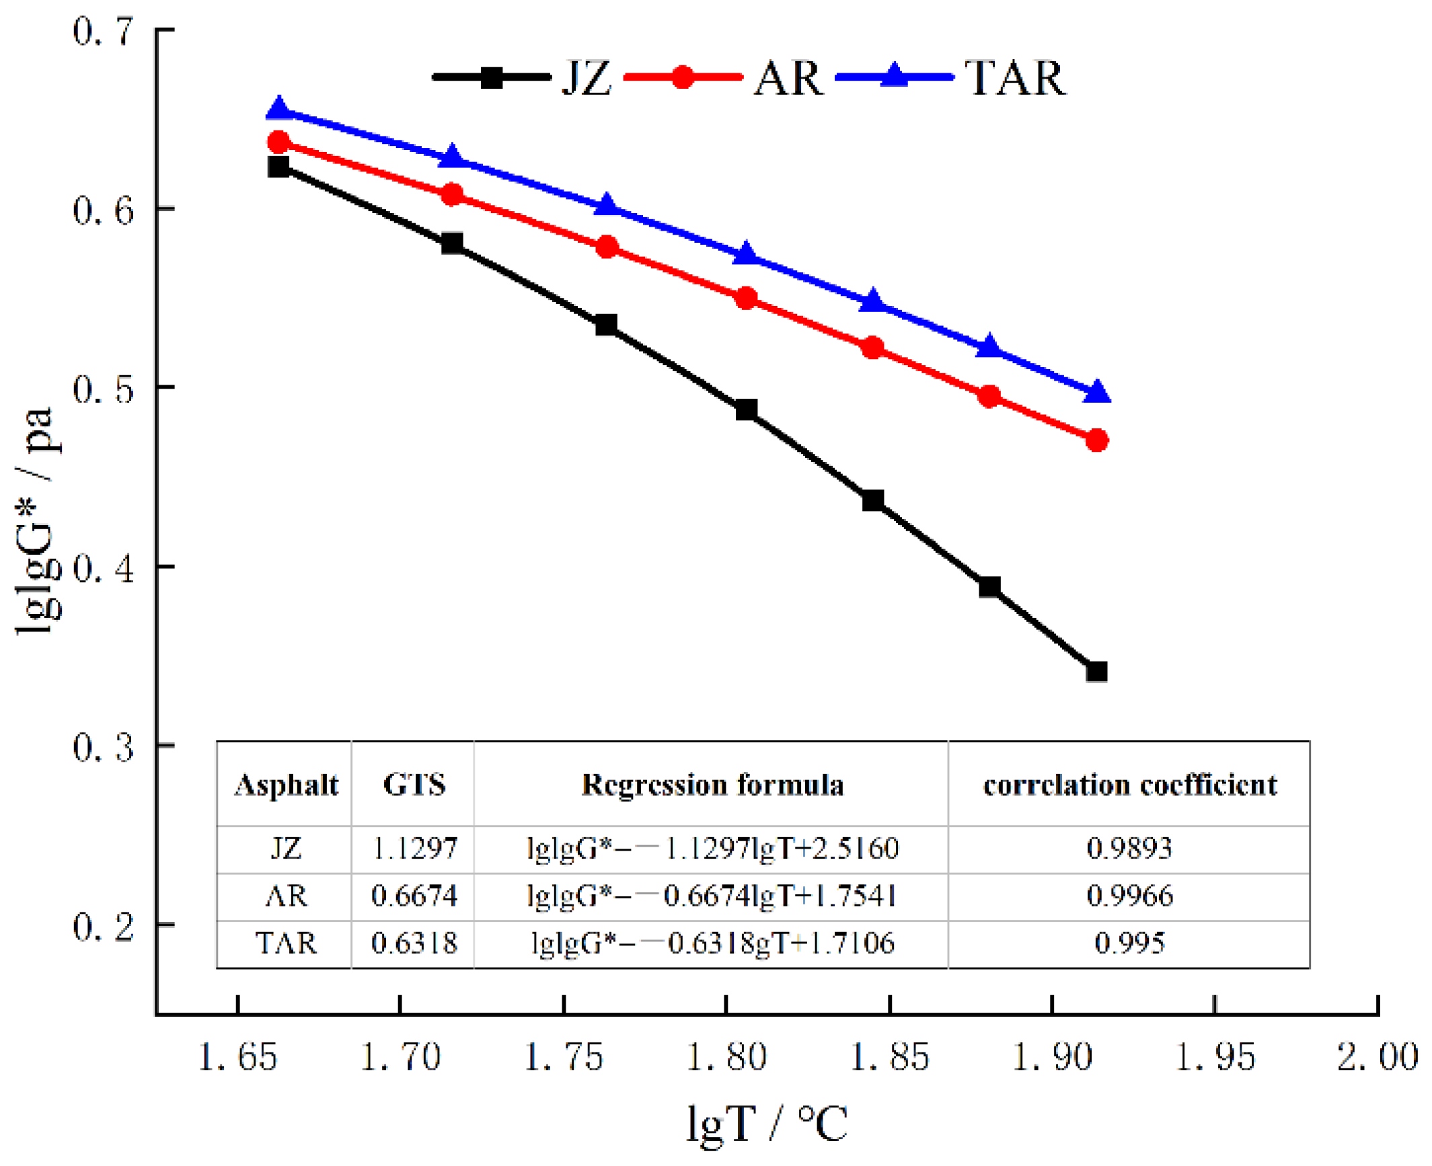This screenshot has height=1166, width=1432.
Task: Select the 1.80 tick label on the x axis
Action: click(x=726, y=1057)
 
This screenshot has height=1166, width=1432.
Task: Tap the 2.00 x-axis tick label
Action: click(x=1376, y=1057)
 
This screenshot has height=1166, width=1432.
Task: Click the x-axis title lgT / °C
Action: click(x=766, y=1124)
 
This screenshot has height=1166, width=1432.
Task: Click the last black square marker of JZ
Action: click(x=1096, y=671)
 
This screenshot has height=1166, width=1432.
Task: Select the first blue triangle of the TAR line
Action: click(x=278, y=108)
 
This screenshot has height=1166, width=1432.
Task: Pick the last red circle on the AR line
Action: click(x=1096, y=440)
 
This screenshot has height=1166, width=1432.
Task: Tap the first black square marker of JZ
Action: click(x=278, y=166)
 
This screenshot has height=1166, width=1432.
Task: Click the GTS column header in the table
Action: click(x=414, y=785)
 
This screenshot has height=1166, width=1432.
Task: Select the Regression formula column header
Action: click(x=712, y=785)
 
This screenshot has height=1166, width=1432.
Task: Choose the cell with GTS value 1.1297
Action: click(x=414, y=849)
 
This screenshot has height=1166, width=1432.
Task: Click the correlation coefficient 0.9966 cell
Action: click(x=1129, y=896)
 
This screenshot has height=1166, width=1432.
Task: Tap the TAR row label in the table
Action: click(x=285, y=943)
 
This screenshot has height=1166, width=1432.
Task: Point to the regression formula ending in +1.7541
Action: click(x=712, y=896)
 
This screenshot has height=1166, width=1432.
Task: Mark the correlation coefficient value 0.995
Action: click(x=1129, y=943)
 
